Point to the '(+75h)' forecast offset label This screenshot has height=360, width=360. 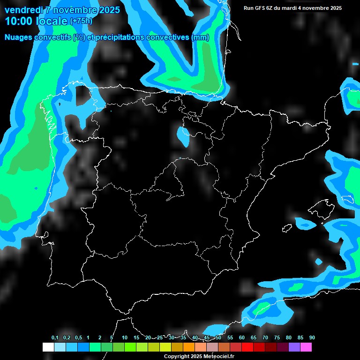82,21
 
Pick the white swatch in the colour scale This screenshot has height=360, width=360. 48,347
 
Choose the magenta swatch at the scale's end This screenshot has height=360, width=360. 306,347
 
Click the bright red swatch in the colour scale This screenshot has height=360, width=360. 247,347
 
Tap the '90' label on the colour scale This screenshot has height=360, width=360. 312,338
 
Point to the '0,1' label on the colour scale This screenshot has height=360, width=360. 55,338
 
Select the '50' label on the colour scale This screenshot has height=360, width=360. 218,338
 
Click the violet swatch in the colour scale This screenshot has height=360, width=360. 294,347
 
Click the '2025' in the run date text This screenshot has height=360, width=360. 335,8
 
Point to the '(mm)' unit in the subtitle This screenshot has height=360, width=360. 201,37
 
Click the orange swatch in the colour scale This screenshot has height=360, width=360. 189,347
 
